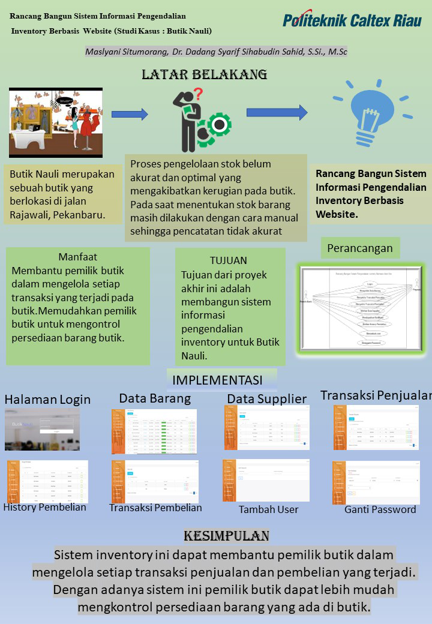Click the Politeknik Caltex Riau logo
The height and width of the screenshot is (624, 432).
[352, 20]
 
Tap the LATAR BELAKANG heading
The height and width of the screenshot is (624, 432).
[204, 74]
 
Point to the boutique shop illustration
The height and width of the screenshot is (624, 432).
[56, 122]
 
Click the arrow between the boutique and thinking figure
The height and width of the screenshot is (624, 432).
[130, 114]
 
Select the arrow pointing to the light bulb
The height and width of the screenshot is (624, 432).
[277, 112]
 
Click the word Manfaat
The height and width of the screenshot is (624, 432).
[78, 257]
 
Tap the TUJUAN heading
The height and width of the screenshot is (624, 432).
[229, 260]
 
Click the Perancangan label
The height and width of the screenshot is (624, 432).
[360, 248]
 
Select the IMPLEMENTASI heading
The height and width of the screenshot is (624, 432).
[217, 380]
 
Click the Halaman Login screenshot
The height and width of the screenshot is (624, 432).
[42, 429]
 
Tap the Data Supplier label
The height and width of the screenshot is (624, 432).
[266, 399]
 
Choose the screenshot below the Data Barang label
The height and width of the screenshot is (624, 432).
[154, 431]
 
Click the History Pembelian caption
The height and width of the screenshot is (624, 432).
[45, 507]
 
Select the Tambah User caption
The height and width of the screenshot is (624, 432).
[268, 509]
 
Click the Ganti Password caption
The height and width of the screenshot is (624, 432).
[380, 509]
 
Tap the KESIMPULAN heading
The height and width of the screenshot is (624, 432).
[226, 535]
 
